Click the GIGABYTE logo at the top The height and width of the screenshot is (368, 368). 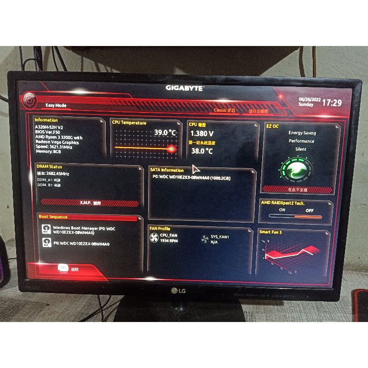(184, 88)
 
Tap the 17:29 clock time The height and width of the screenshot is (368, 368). (332, 103)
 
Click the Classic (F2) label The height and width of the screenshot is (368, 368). (224, 110)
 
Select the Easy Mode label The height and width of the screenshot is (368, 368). (56, 105)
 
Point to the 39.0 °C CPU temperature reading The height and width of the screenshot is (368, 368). (165, 132)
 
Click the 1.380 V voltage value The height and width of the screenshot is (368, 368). (201, 133)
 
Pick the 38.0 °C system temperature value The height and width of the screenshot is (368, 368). (201, 151)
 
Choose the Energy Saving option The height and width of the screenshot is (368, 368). (302, 133)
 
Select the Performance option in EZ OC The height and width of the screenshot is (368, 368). (302, 141)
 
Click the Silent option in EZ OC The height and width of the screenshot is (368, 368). (301, 149)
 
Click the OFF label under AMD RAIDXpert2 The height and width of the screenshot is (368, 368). (310, 210)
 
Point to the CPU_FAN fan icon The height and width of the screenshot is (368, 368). (154, 238)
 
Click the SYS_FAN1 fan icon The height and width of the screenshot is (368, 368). (205, 239)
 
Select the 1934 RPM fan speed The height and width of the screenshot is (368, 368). (169, 241)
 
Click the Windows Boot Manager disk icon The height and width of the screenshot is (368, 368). (46, 229)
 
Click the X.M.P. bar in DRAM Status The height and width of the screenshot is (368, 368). (89, 203)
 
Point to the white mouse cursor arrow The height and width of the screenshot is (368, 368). (195, 168)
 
